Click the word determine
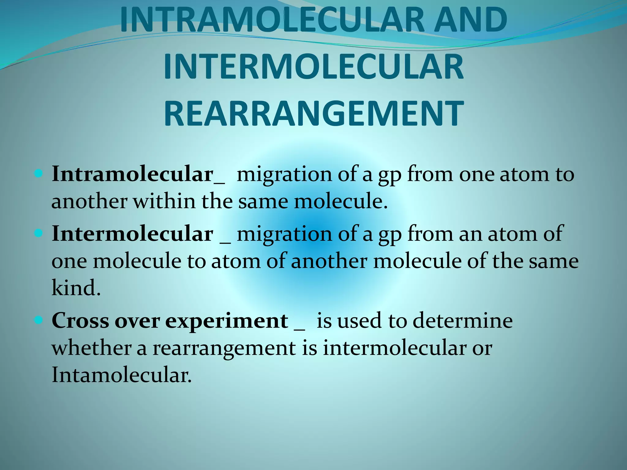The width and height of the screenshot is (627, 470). [x=463, y=321]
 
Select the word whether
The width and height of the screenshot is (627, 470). [x=92, y=348]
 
